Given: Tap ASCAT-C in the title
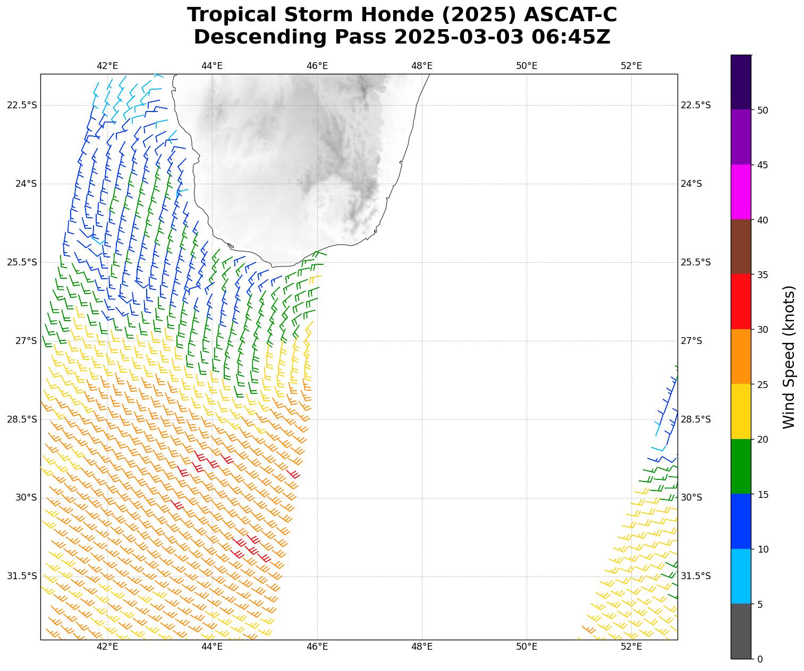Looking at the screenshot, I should tap(570, 15).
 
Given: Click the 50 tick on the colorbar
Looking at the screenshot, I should tap(763, 110).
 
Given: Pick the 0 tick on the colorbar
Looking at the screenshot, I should tap(760, 659).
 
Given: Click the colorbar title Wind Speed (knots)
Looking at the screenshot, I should tap(789, 357).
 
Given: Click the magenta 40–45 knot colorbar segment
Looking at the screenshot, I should tap(741, 192).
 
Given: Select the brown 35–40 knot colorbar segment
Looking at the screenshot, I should tap(741, 247).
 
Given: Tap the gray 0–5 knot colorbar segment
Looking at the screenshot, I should tap(741, 631).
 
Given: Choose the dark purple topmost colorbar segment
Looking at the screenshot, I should tap(741, 82).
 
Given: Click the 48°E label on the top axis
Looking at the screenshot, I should tap(422, 66).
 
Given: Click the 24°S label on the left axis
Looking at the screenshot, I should tap(26, 184).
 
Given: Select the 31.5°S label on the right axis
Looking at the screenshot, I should tap(696, 576).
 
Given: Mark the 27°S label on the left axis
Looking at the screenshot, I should tap(26, 341).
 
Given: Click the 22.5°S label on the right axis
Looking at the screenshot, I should tap(696, 105).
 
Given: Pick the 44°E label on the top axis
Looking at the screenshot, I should tap(212, 66).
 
